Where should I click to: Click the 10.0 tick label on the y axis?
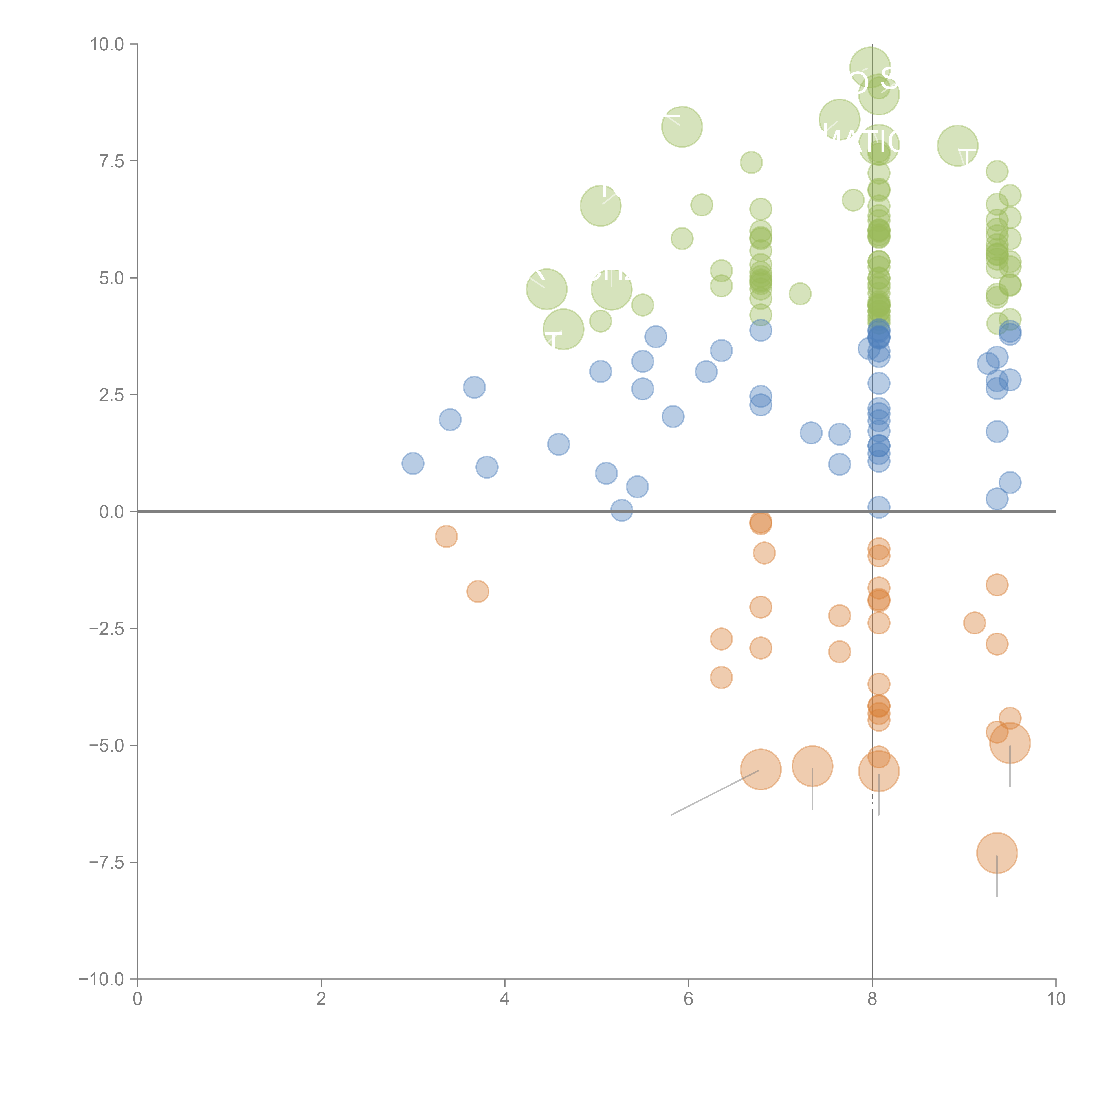(x=107, y=44)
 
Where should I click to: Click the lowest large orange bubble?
(x=996, y=853)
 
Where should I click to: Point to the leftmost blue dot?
(x=413, y=464)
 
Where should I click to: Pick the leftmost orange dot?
(x=446, y=536)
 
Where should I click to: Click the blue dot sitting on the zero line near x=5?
(x=622, y=510)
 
